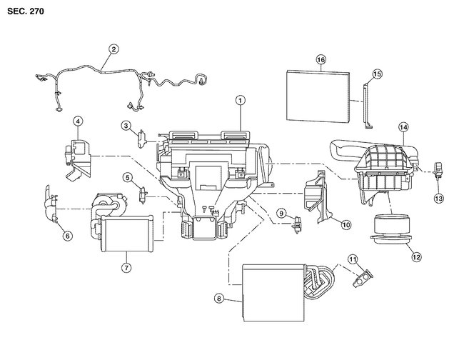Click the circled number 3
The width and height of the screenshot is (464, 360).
coord(126,126)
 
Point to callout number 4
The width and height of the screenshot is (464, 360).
coord(77,121)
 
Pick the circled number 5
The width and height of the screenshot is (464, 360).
coord(127,177)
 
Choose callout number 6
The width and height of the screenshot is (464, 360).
coord(68,235)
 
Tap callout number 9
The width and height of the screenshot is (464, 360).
coord(281,213)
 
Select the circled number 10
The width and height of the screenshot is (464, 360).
coord(346,224)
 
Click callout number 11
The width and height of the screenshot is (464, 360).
coord(352,258)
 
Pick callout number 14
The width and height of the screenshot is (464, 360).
coord(403,128)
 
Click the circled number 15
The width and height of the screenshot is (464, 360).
coord(377,74)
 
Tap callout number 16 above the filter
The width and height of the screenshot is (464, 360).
coord(321,60)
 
